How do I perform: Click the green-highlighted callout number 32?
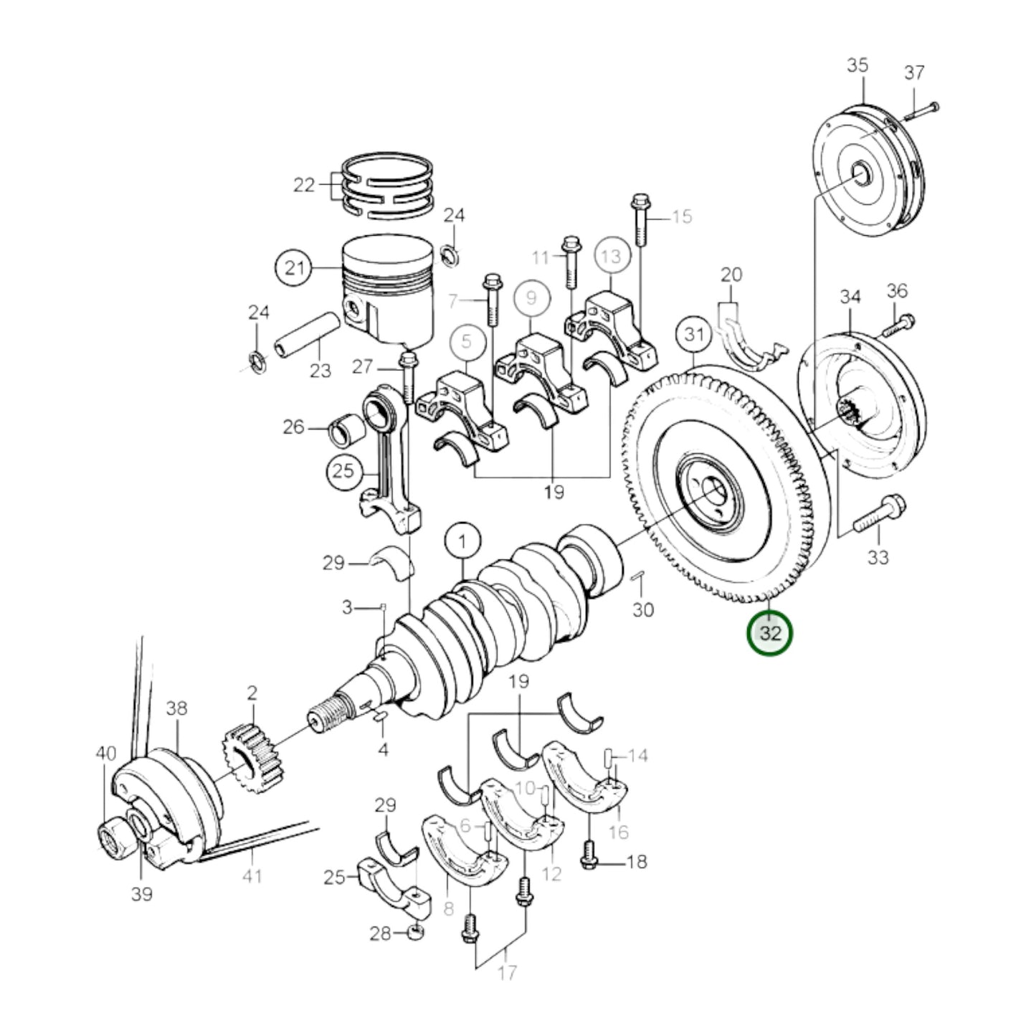pos(770,633)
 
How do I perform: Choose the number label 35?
pos(857,65)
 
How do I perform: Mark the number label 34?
pos(850,296)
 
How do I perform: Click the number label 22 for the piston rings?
pos(304,185)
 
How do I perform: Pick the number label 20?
pos(731,275)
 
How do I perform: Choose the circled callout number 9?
pos(531,297)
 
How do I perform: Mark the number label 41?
pos(252,875)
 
